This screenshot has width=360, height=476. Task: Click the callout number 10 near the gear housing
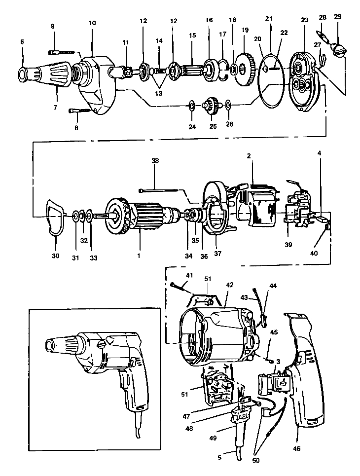click(92, 23)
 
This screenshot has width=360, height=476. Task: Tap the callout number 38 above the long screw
click(155, 161)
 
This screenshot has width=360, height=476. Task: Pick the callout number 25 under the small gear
click(213, 126)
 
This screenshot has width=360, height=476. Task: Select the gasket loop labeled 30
click(54, 218)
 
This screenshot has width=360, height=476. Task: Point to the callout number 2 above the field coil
click(250, 156)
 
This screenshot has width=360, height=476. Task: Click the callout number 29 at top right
click(337, 17)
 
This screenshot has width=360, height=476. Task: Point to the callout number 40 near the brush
click(314, 253)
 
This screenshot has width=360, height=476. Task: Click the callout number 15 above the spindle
click(192, 36)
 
